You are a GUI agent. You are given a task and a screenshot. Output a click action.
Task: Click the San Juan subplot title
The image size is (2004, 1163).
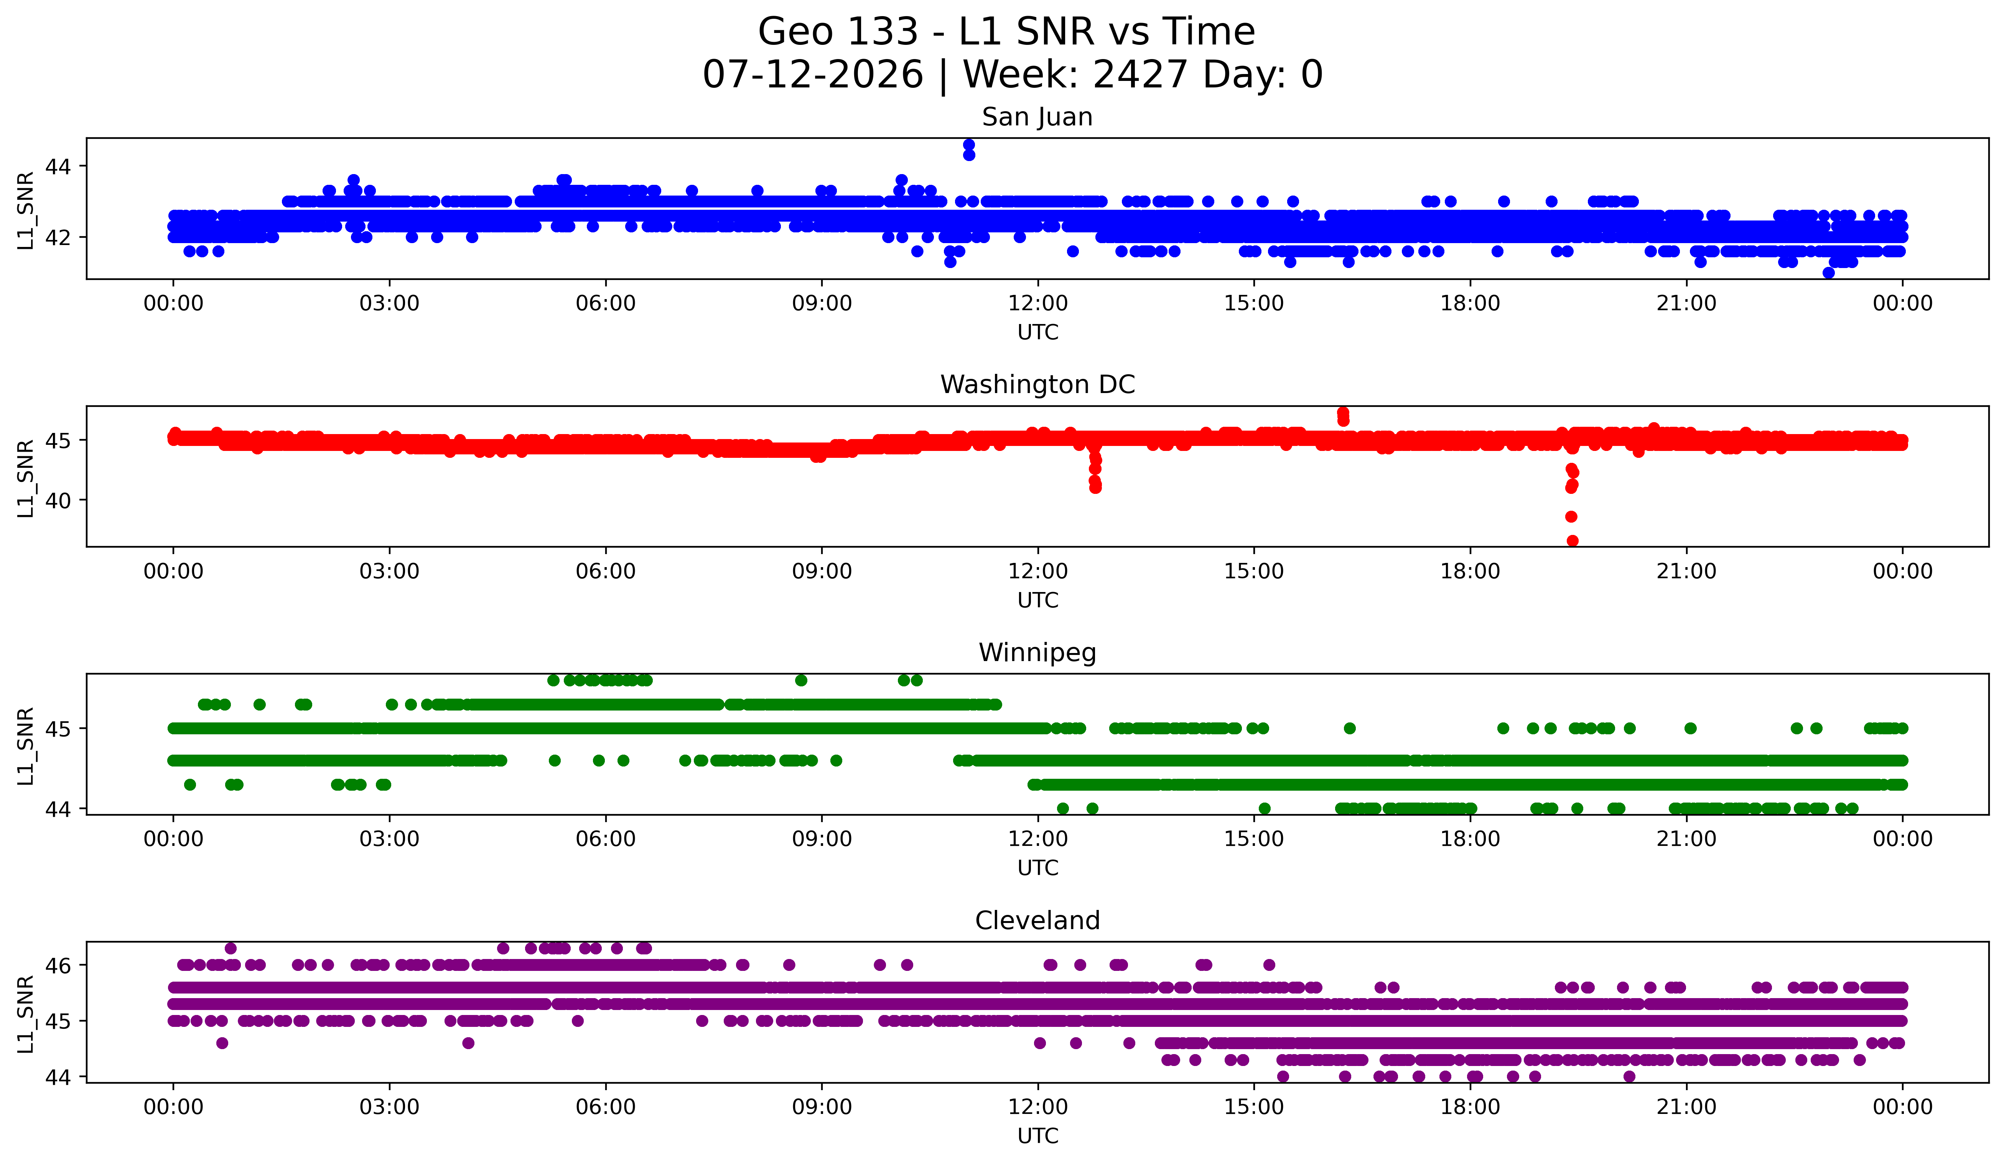click(x=1037, y=117)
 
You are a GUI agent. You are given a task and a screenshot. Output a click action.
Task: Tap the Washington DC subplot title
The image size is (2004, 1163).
click(x=1037, y=385)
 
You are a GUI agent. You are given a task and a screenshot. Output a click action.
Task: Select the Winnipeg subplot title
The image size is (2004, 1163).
click(x=1037, y=653)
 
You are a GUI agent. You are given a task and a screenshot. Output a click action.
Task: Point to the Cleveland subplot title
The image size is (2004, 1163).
click(x=1037, y=921)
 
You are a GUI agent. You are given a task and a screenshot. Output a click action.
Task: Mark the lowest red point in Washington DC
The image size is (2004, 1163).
click(x=1572, y=541)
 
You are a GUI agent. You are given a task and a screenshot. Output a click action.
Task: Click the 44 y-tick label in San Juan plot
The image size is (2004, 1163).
click(x=58, y=166)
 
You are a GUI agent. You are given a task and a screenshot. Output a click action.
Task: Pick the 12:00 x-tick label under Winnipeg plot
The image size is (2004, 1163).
click(x=1038, y=839)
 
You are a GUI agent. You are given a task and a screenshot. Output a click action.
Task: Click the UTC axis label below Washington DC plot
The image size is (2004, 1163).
click(x=1038, y=600)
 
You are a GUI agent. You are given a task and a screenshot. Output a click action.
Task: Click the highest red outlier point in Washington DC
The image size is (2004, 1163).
click(x=1343, y=413)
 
